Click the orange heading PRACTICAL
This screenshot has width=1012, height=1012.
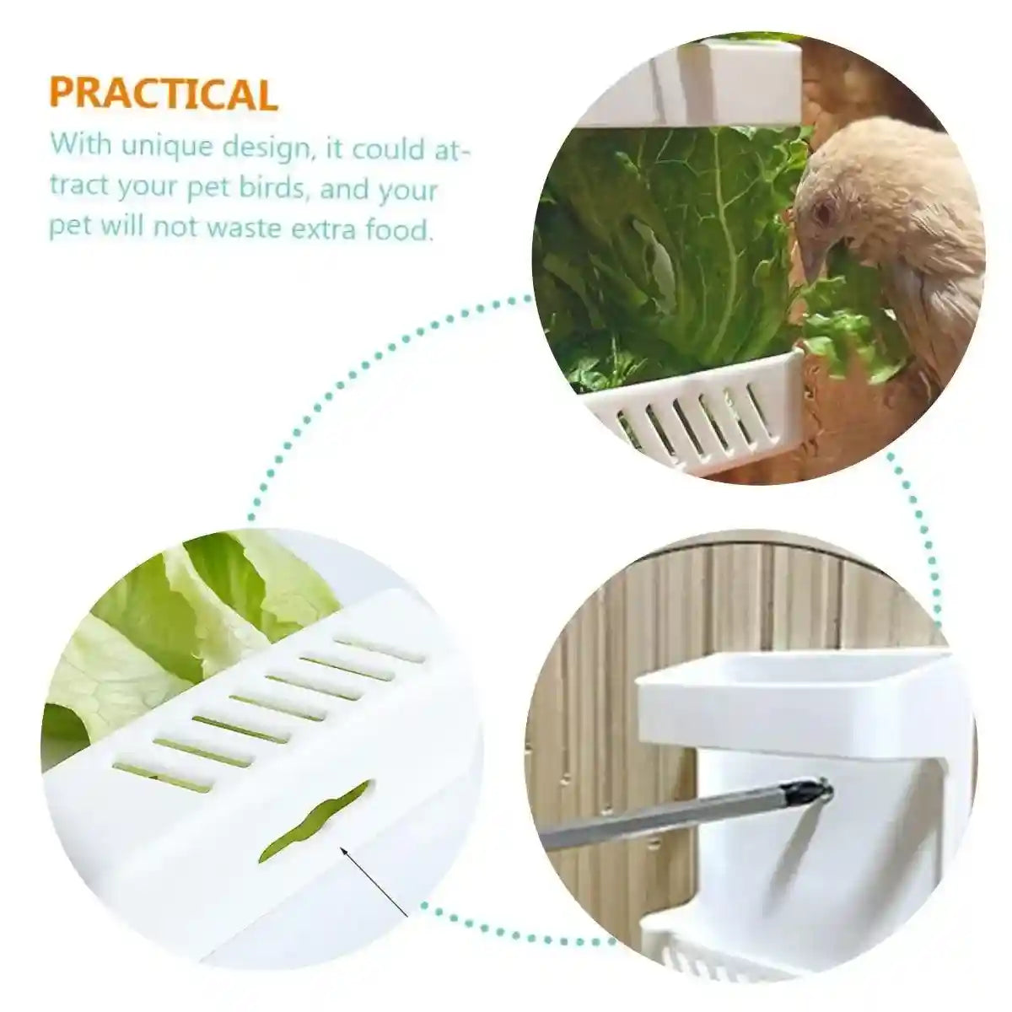coord(164,94)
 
